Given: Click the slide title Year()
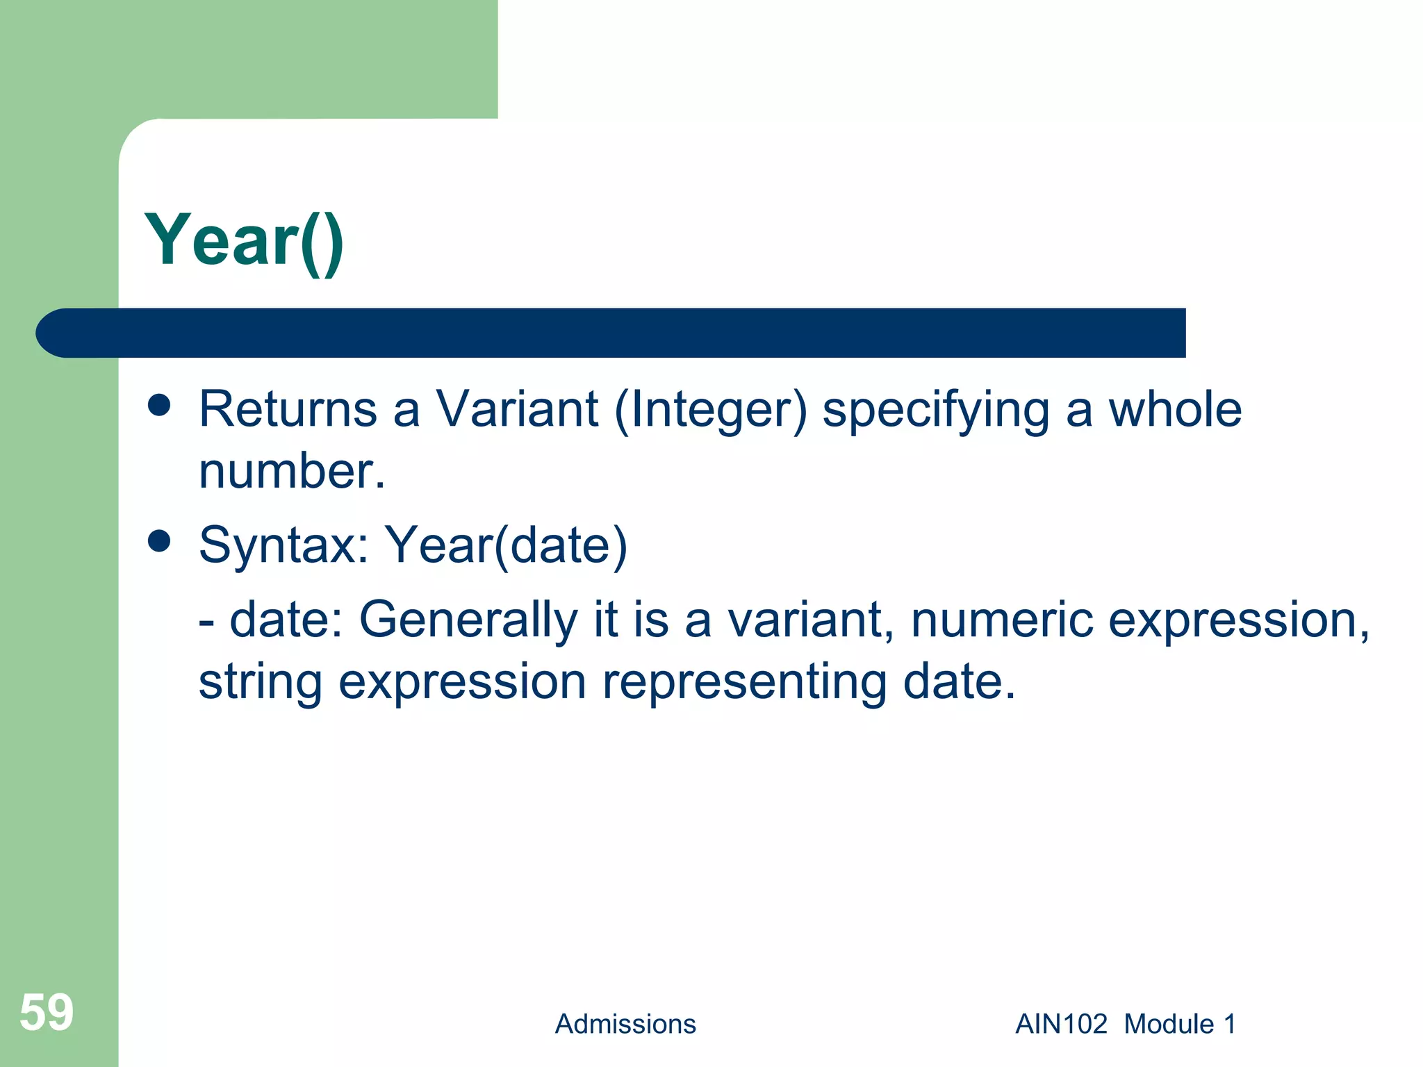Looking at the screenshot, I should point(244,240).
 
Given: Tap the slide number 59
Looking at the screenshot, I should point(46,1012).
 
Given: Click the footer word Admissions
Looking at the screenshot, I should point(625,1024).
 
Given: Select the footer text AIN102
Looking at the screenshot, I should point(1061,1024).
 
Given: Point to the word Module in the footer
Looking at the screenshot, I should point(1169,1024).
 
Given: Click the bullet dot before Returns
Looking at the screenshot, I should point(159,405).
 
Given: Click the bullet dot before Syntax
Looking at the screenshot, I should point(159,541).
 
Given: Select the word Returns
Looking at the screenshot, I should point(288,409).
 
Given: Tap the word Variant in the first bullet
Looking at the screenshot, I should point(517,409).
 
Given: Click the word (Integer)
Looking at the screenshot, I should point(710,411).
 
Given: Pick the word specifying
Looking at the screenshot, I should point(936,411).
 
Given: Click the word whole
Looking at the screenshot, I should point(1174,409).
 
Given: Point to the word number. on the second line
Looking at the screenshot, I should point(292,471).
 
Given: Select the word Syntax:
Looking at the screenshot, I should point(283,545).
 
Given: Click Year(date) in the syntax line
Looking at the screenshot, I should point(506,546).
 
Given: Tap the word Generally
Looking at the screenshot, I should point(468,620).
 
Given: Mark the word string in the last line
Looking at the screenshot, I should point(261,682).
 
